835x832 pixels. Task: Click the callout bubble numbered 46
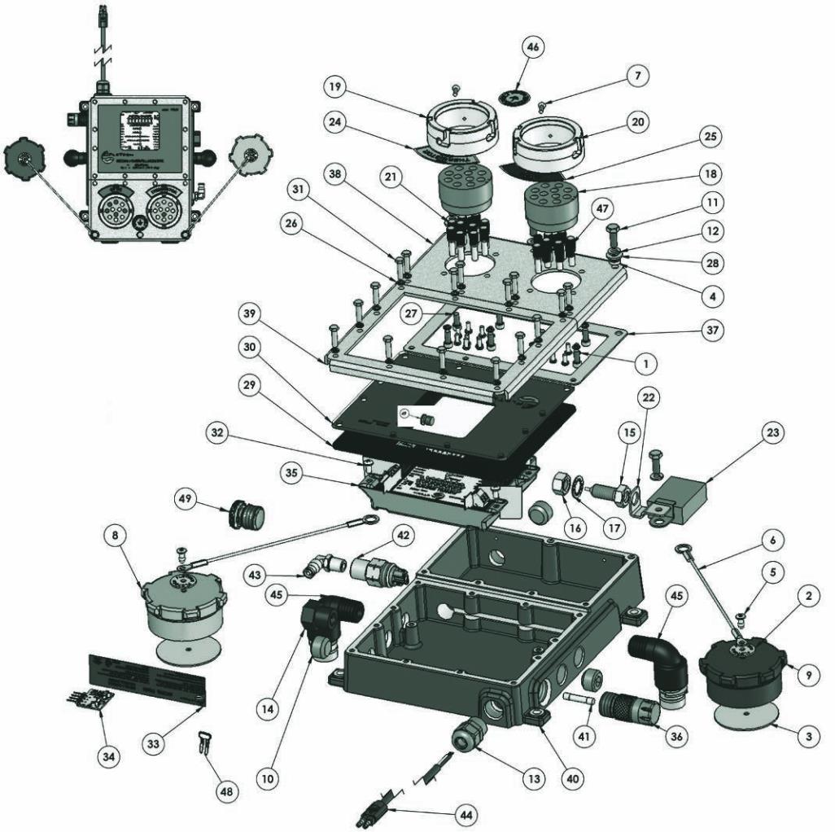(x=533, y=48)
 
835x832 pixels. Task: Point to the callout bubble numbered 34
(x=108, y=756)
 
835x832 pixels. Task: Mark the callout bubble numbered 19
(x=334, y=85)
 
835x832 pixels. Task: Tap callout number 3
(x=808, y=737)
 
